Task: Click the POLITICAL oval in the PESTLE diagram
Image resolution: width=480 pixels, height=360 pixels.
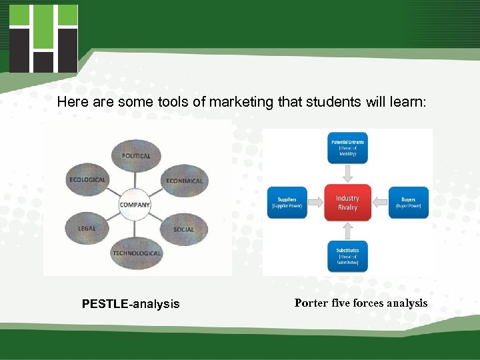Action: tap(136, 156)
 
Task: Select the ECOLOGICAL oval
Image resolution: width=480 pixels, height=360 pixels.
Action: tap(87, 180)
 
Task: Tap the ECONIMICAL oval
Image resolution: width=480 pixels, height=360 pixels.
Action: tap(183, 181)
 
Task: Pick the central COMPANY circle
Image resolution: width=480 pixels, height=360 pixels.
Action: tap(135, 205)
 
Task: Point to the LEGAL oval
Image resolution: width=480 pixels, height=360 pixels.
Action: tap(87, 229)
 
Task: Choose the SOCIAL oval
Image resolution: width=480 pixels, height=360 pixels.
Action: tap(183, 229)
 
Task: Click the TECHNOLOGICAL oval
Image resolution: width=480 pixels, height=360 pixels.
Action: tap(136, 253)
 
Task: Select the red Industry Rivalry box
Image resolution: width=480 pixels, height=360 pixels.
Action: tap(347, 203)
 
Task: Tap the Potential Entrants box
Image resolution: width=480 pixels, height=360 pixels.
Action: tap(347, 147)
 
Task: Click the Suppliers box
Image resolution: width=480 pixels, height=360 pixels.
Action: tap(287, 202)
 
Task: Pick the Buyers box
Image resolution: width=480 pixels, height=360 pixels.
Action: tap(408, 202)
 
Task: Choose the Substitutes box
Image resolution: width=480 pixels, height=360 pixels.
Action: tap(347, 257)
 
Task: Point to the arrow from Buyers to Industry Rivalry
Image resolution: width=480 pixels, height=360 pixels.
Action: tap(379, 202)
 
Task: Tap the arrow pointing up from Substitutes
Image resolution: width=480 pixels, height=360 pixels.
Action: tap(347, 231)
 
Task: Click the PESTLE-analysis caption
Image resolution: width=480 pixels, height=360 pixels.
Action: tap(131, 304)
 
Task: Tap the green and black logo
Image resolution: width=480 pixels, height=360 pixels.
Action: tap(44, 38)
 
